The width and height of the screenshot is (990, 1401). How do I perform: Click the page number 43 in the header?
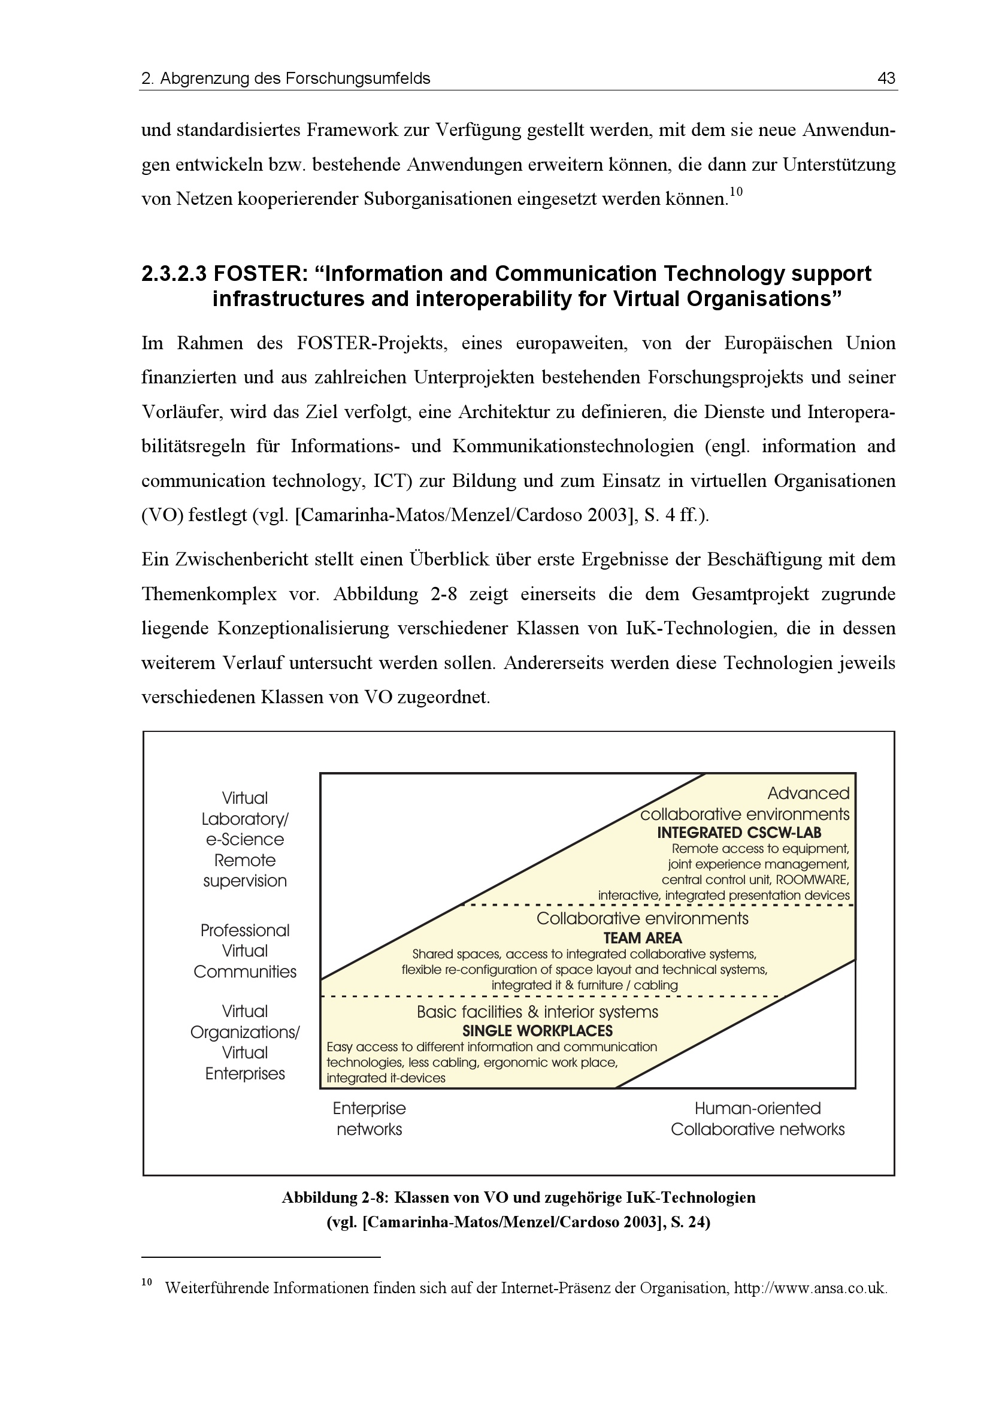(886, 78)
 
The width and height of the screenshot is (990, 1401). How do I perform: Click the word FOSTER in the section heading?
(259, 274)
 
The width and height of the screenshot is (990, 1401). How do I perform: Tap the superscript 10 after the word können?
(735, 192)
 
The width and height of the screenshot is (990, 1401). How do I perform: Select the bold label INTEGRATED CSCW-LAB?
(738, 833)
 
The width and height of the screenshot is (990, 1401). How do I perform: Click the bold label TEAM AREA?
(642, 938)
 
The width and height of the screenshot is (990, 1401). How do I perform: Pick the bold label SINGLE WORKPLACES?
(537, 1031)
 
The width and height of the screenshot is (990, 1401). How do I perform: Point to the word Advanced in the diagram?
(807, 793)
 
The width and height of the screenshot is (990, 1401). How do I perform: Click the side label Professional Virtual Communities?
(244, 951)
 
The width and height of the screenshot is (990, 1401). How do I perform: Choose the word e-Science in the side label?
(244, 840)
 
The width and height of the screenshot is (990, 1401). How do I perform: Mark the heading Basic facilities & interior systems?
(537, 1012)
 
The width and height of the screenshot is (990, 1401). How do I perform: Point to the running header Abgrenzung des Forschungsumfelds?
(295, 78)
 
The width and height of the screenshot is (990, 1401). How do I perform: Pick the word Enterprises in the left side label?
(244, 1073)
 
